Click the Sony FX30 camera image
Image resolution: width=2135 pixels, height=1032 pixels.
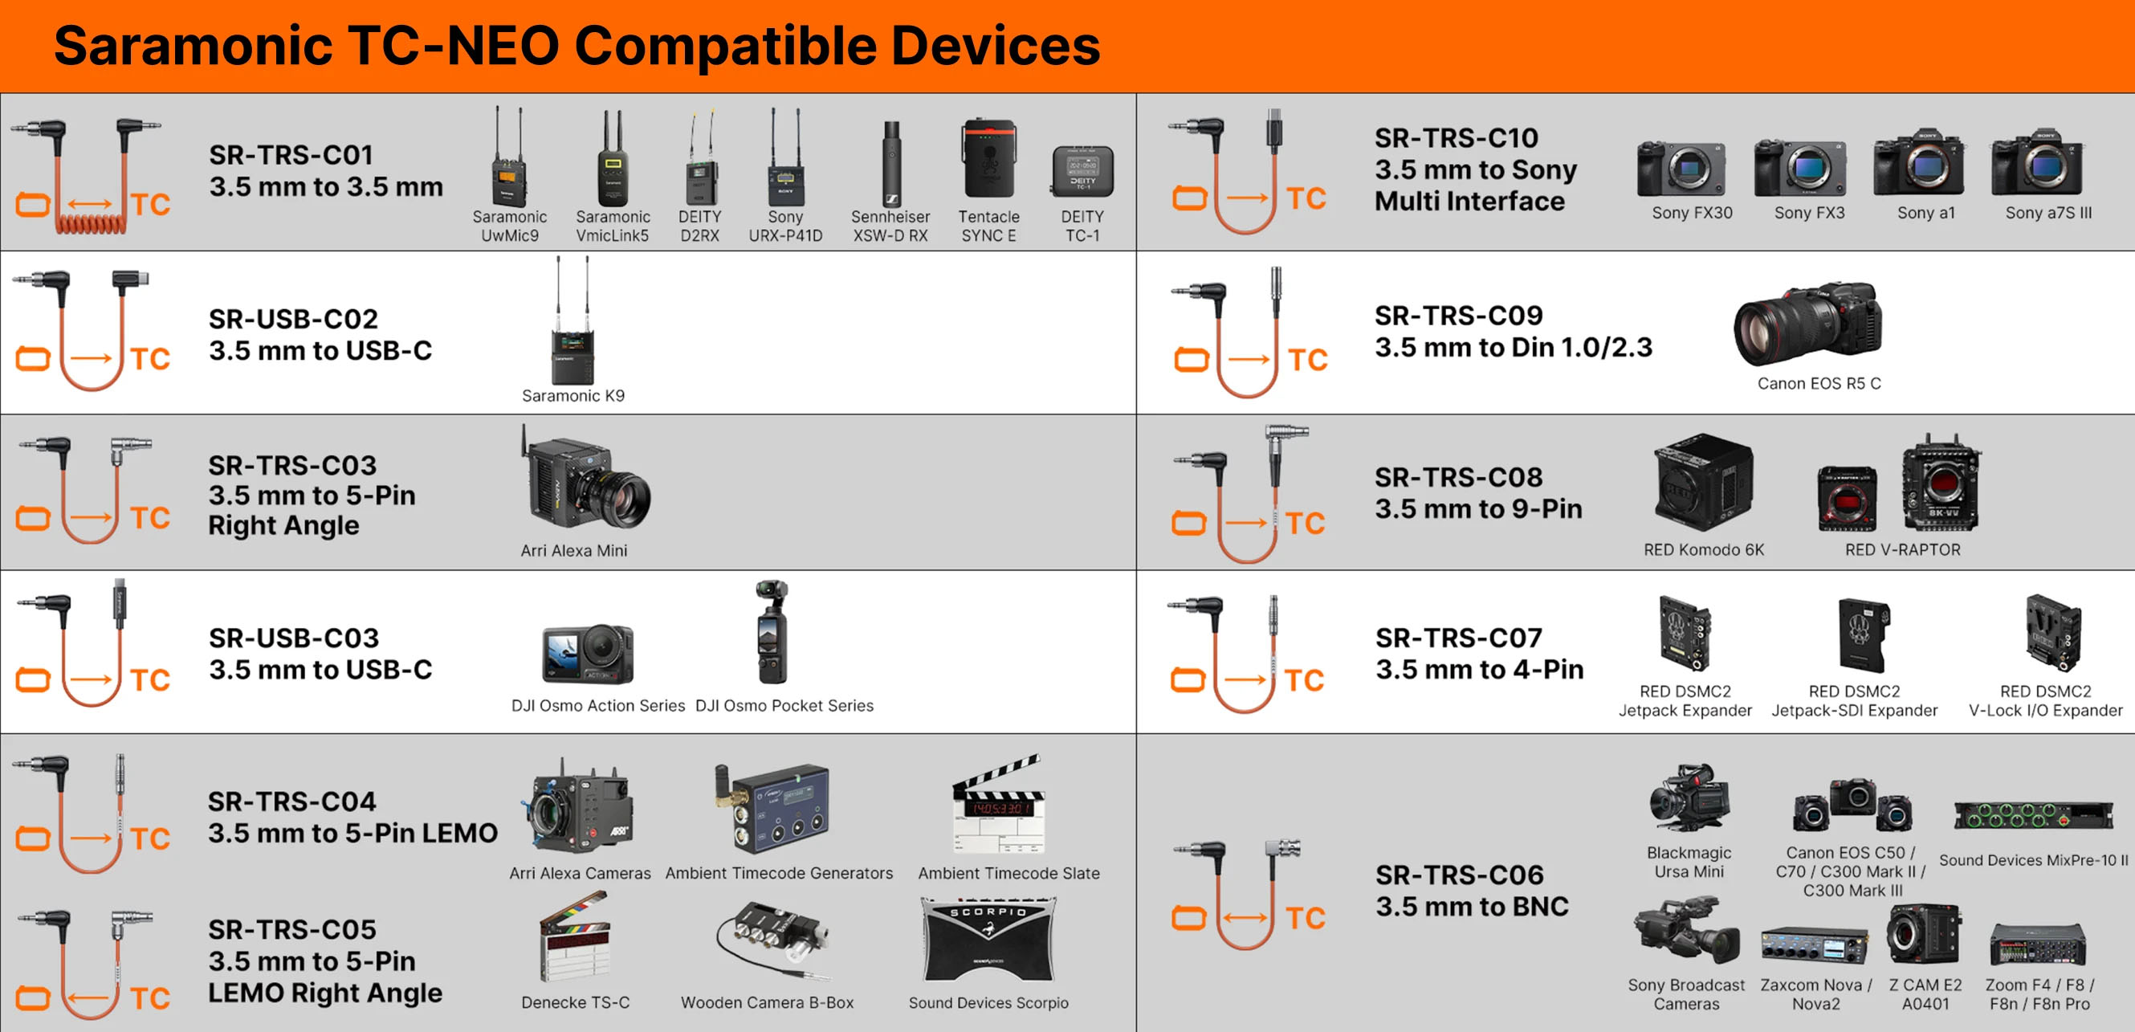(x=1681, y=169)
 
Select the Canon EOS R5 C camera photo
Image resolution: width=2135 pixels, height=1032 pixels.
(x=1807, y=324)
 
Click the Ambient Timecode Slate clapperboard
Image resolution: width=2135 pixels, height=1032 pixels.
(x=999, y=805)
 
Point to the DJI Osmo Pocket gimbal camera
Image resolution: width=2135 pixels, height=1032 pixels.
(x=771, y=633)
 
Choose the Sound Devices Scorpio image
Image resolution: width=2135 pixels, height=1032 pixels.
(x=988, y=940)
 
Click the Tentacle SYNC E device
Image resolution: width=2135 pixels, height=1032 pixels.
(x=988, y=157)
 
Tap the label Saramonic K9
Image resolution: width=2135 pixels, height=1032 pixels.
(x=572, y=395)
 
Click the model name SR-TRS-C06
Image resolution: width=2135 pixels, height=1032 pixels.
(x=1460, y=875)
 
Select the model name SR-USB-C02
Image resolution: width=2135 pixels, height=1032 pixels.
(x=292, y=318)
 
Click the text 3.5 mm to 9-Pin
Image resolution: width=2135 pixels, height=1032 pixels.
(x=1478, y=508)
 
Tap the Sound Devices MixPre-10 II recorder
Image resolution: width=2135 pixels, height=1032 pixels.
(x=2033, y=815)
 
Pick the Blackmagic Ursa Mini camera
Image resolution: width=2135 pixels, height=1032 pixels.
(x=1689, y=797)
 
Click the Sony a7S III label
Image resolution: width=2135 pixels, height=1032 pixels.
(x=2048, y=213)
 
